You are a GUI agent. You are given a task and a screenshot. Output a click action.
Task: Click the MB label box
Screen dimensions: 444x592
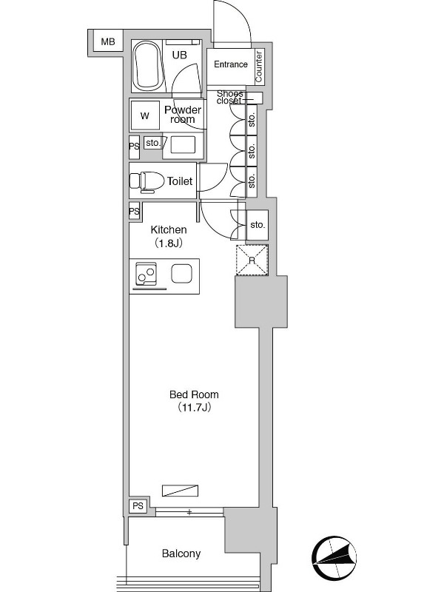107,41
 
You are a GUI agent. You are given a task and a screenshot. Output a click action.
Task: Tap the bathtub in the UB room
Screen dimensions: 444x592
147,66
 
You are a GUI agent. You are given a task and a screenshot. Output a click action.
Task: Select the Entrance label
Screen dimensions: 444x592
231,64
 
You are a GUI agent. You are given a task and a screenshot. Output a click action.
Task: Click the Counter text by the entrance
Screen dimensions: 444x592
258,67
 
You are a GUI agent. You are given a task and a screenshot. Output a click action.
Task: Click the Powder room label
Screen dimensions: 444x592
183,115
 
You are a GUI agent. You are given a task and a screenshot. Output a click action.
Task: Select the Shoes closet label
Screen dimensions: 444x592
229,97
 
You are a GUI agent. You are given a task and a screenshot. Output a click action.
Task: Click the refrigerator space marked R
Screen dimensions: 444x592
252,260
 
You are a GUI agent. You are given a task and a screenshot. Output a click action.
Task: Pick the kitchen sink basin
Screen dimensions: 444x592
181,273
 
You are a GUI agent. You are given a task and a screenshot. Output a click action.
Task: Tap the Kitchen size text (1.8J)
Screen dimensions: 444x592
169,243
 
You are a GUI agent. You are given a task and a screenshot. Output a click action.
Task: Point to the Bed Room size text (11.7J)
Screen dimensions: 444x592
194,408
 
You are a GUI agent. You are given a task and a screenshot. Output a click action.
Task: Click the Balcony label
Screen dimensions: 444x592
181,554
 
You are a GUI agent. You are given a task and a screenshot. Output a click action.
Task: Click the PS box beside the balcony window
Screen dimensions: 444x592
138,505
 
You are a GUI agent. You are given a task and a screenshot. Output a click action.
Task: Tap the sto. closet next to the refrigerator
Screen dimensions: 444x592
258,225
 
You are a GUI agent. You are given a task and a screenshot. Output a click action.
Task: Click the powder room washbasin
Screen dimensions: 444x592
183,145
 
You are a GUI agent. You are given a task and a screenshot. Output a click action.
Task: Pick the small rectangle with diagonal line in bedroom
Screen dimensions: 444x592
180,490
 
